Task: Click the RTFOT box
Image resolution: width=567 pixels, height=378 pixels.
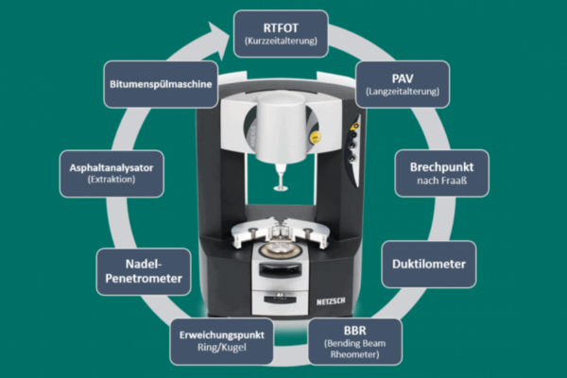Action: (281, 34)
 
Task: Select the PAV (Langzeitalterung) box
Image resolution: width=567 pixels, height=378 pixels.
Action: (403, 84)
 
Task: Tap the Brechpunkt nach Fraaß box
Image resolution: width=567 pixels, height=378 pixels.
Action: (442, 173)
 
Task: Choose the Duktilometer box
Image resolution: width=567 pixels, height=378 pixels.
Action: (429, 264)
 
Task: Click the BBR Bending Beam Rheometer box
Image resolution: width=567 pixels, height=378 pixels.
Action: (354, 342)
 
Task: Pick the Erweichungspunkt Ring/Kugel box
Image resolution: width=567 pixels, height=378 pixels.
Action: (222, 341)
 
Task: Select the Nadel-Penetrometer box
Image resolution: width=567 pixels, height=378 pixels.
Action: (144, 271)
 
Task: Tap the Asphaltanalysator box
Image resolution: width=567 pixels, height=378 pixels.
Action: (112, 174)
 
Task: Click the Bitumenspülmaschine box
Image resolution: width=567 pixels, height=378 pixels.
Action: (161, 84)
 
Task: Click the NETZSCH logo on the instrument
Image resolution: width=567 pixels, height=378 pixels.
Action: (331, 301)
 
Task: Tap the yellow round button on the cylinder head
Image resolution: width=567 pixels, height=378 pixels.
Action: (315, 137)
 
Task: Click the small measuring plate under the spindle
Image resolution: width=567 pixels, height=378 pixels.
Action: (281, 188)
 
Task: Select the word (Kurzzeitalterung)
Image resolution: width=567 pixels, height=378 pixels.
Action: (281, 41)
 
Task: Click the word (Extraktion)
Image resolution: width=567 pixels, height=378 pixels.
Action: (112, 180)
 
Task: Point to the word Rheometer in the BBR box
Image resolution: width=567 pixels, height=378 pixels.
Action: (354, 354)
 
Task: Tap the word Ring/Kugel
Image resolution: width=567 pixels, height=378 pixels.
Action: (222, 348)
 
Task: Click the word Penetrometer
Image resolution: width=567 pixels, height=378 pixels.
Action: (144, 279)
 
